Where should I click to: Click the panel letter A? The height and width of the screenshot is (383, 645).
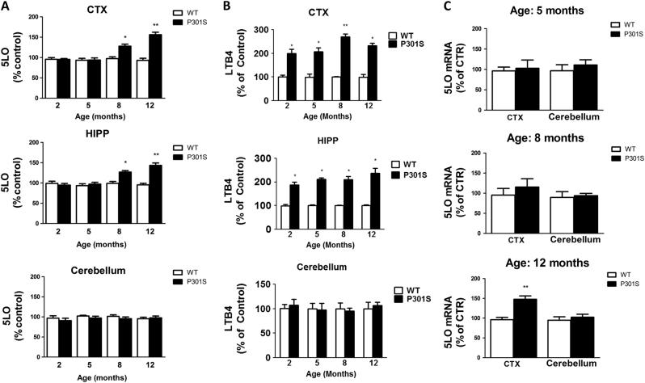click(6, 6)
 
